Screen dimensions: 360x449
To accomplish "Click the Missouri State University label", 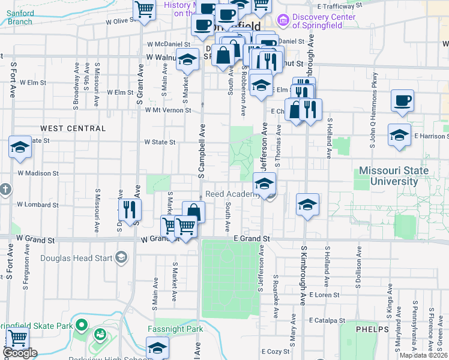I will tap(394, 176).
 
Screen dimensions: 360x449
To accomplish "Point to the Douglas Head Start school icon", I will tap(121, 258).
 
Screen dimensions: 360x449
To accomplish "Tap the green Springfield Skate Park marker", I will tap(82, 326).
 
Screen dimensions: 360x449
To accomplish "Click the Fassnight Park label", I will tap(175, 329).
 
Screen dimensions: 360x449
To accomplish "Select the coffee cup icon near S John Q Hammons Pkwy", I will tap(402, 101).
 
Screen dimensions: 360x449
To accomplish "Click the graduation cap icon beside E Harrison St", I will tap(399, 135).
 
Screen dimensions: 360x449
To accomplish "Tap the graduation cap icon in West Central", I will tap(20, 148).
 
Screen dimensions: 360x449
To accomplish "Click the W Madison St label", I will tap(38, 173).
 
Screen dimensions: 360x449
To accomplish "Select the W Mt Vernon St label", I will tap(167, 110).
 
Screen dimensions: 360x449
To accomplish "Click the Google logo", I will tap(20, 353).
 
